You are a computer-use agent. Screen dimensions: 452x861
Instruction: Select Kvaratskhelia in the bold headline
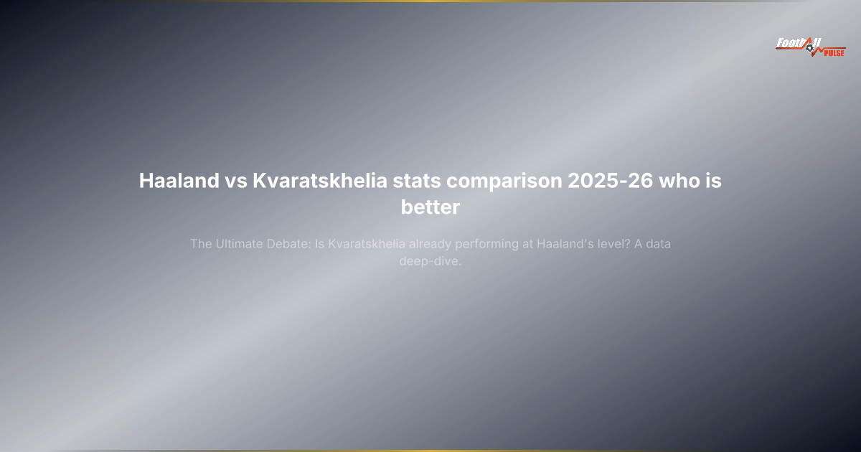point(320,181)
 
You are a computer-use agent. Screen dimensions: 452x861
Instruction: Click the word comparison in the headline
point(503,181)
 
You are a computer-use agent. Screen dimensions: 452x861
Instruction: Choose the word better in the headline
point(430,207)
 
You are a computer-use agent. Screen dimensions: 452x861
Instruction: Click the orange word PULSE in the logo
point(834,52)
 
